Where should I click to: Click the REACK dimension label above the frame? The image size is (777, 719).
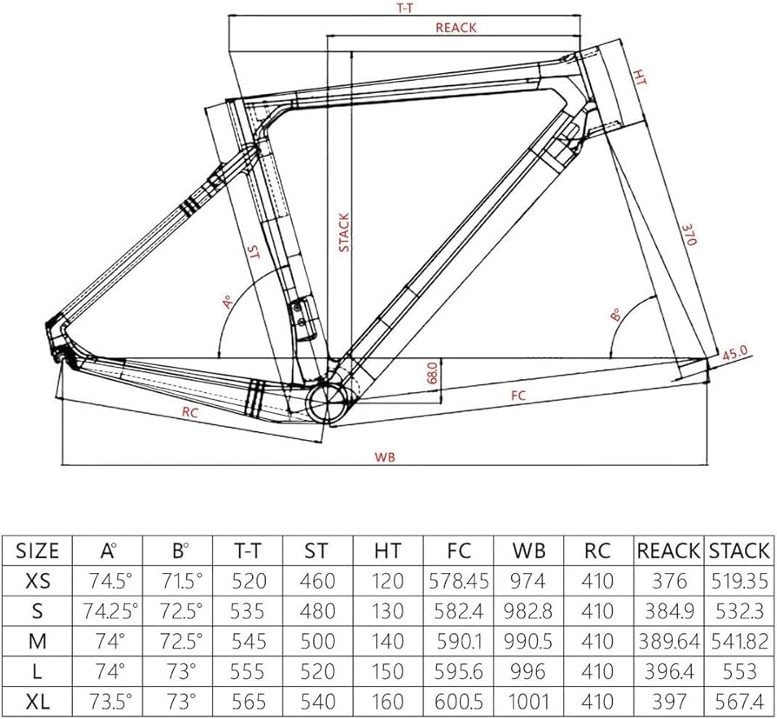coord(455,27)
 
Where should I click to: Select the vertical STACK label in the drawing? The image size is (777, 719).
coord(343,232)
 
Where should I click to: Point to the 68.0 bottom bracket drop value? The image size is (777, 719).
coord(432,376)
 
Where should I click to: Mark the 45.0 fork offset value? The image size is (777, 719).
coord(735,354)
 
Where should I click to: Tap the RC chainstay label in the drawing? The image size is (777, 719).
coord(191,413)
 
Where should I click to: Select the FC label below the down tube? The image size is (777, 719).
coord(519,396)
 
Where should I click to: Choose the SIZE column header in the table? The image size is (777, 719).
coord(37,550)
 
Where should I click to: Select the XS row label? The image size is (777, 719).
coord(37,581)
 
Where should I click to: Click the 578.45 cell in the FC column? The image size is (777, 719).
coord(458,581)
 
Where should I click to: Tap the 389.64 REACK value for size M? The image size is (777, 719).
coord(668,641)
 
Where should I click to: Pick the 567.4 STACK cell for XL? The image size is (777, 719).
coord(739,701)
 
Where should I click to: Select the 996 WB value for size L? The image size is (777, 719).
coord(528,670)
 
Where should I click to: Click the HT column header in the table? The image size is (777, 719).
coord(388,550)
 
